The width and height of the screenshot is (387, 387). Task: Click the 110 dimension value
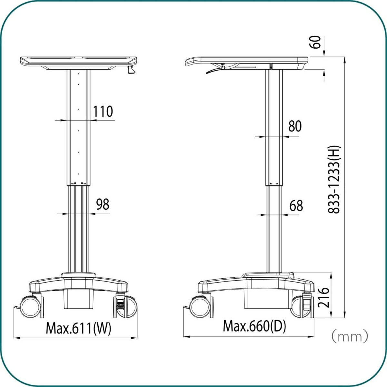click(x=103, y=111)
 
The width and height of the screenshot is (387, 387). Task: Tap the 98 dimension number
click(x=103, y=204)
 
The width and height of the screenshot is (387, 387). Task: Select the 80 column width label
click(x=295, y=126)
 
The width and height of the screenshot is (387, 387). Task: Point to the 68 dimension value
click(x=296, y=206)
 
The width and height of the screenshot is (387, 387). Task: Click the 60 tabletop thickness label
click(x=315, y=42)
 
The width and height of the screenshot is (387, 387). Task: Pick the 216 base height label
click(x=323, y=298)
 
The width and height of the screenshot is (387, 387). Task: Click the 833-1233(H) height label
click(x=334, y=179)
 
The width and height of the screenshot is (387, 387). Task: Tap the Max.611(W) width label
click(x=78, y=329)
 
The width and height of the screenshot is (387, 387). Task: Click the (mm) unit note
click(x=350, y=336)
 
